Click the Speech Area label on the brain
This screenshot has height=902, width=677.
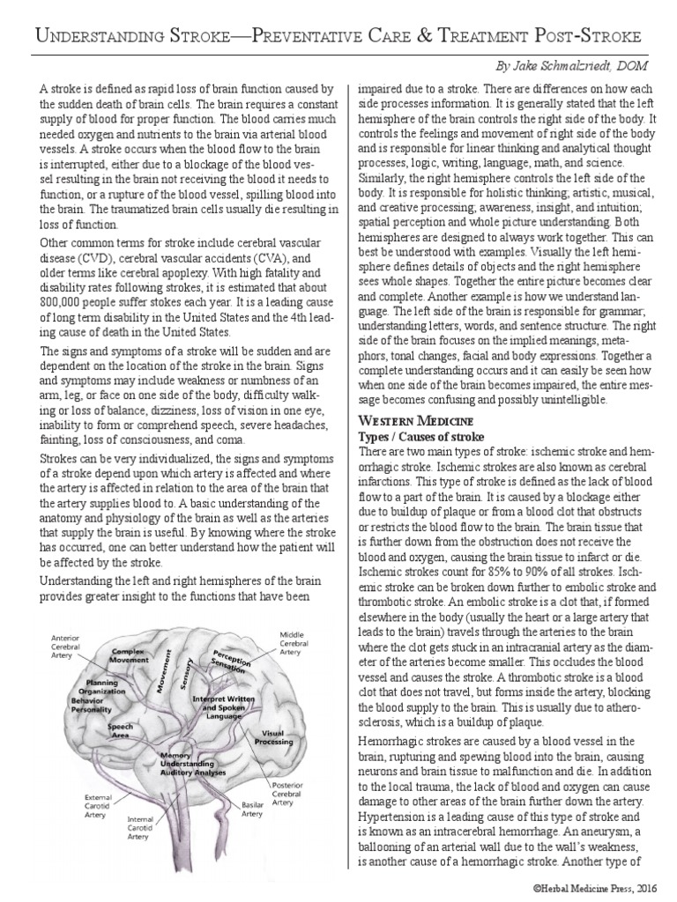pyautogui.click(x=121, y=730)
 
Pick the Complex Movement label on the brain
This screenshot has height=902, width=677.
pyautogui.click(x=129, y=655)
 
